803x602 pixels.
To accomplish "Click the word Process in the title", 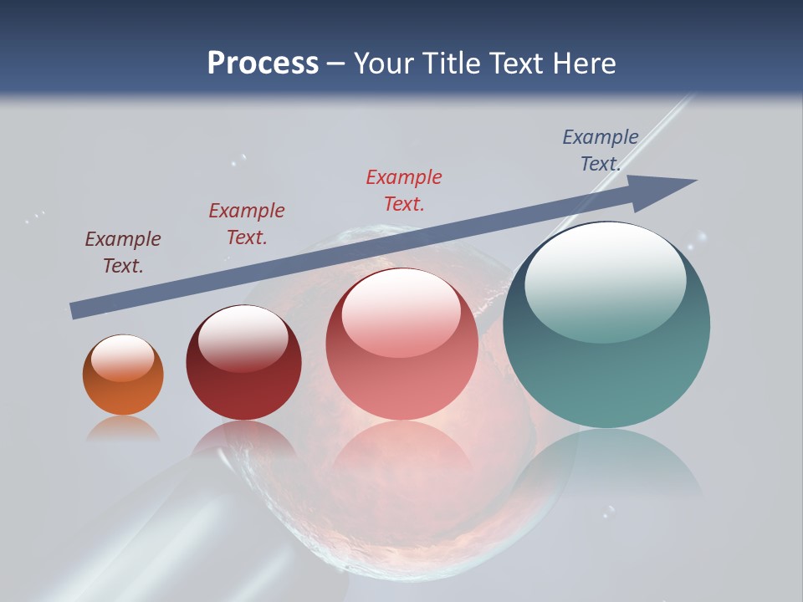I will (x=263, y=64).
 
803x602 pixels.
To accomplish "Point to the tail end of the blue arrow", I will (x=74, y=311).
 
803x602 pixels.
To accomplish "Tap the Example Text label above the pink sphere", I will (x=404, y=191).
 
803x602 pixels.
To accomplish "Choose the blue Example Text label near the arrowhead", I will (x=601, y=150).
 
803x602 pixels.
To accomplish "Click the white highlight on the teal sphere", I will (x=605, y=280).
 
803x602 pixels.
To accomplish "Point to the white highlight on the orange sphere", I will (x=122, y=357).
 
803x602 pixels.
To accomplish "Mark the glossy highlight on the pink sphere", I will (x=401, y=314).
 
